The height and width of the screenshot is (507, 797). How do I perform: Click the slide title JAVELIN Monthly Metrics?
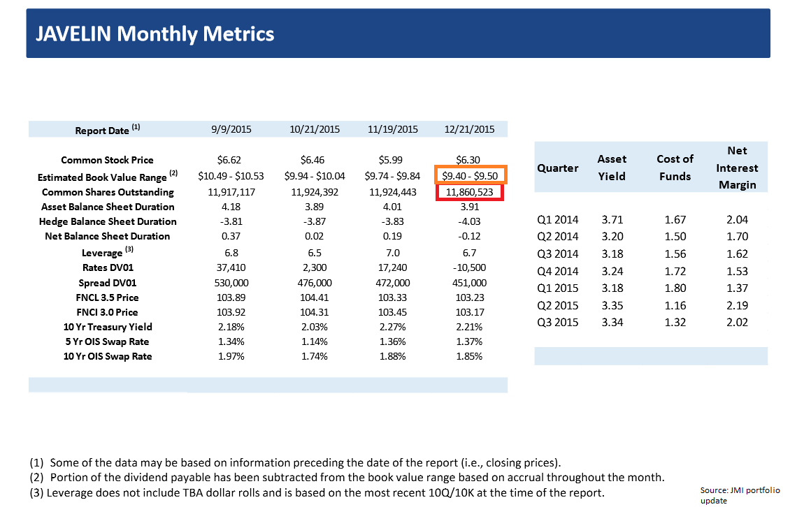pos(155,34)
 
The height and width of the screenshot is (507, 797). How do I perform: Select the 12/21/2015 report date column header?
pos(469,129)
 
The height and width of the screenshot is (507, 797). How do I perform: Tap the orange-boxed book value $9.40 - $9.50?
pos(470,176)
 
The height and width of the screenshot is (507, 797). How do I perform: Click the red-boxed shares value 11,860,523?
pos(470,192)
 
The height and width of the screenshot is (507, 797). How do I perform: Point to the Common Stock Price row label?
pos(107,160)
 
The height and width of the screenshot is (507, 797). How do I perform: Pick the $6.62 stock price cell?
pos(235,160)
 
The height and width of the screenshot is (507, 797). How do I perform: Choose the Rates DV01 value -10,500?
pos(469,267)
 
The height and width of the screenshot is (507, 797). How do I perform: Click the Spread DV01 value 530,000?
pos(235,283)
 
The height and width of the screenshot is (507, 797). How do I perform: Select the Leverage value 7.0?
pos(393,253)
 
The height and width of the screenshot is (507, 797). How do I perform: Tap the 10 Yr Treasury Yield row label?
pos(106,327)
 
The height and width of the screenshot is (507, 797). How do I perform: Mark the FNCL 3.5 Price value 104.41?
pos(314,297)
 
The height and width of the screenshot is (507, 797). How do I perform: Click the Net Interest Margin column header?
pos(737,168)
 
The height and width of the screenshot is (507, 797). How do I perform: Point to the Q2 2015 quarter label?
pos(558,305)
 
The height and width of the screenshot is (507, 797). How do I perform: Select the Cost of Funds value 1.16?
pos(675,305)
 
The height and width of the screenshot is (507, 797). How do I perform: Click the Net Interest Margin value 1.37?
pos(737,288)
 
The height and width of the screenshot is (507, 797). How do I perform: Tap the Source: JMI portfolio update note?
pos(740,495)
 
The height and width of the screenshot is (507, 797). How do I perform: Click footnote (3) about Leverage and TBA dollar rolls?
pos(317,493)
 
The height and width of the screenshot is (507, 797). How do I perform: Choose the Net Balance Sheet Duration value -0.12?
pos(469,236)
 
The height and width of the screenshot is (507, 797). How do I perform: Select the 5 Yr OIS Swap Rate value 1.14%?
pos(314,341)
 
